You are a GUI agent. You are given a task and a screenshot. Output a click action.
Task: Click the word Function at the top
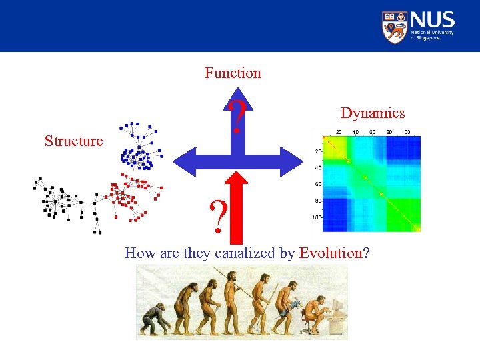[x=233, y=73]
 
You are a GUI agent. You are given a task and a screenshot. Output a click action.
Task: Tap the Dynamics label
[x=372, y=113]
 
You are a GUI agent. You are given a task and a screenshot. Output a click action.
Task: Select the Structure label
[x=73, y=141]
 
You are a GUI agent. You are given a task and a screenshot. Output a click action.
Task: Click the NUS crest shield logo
[x=394, y=27]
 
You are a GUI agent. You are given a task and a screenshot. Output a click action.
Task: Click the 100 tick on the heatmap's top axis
[x=405, y=131]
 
